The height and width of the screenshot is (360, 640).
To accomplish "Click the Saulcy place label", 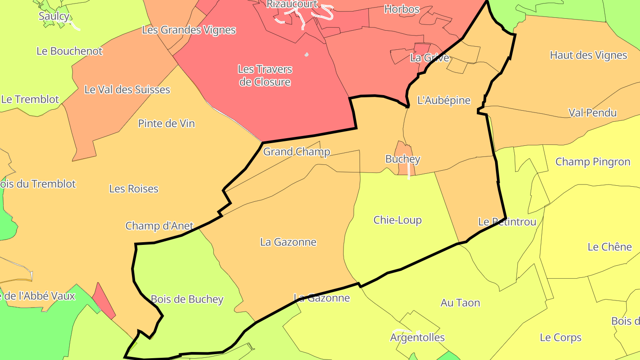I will pyautogui.click(x=54, y=16).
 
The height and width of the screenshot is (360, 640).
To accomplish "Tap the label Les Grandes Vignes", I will pyautogui.click(x=188, y=30).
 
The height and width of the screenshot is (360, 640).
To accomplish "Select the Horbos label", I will pyautogui.click(x=401, y=9).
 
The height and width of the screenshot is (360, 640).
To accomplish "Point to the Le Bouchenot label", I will pyautogui.click(x=69, y=51).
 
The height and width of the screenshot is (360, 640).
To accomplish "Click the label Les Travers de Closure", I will pyautogui.click(x=265, y=76).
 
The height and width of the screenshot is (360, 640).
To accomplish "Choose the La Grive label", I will pyautogui.click(x=429, y=58).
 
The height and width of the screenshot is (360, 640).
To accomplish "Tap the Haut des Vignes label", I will pyautogui.click(x=588, y=55).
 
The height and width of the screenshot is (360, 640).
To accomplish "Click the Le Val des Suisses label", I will pyautogui.click(x=127, y=90).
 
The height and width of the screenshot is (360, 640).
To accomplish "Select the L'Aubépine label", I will pyautogui.click(x=444, y=100).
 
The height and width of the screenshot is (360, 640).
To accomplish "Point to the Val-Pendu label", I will pyautogui.click(x=592, y=113).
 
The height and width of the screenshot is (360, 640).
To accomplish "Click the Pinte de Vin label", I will pyautogui.click(x=166, y=124).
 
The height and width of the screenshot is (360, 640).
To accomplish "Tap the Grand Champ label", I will pyautogui.click(x=296, y=152).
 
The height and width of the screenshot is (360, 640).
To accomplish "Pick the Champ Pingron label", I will pyautogui.click(x=592, y=162).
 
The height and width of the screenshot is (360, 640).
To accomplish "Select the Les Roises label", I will pyautogui.click(x=134, y=189).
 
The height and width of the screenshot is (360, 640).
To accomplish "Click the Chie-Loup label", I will pyautogui.click(x=397, y=220).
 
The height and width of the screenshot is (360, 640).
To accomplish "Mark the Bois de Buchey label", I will pyautogui.click(x=187, y=300).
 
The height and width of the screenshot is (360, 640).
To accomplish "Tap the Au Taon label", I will pyautogui.click(x=460, y=303).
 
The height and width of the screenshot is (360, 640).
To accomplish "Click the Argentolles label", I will pyautogui.click(x=417, y=338).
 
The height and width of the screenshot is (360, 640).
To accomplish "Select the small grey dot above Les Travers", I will pyautogui.click(x=306, y=55).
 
